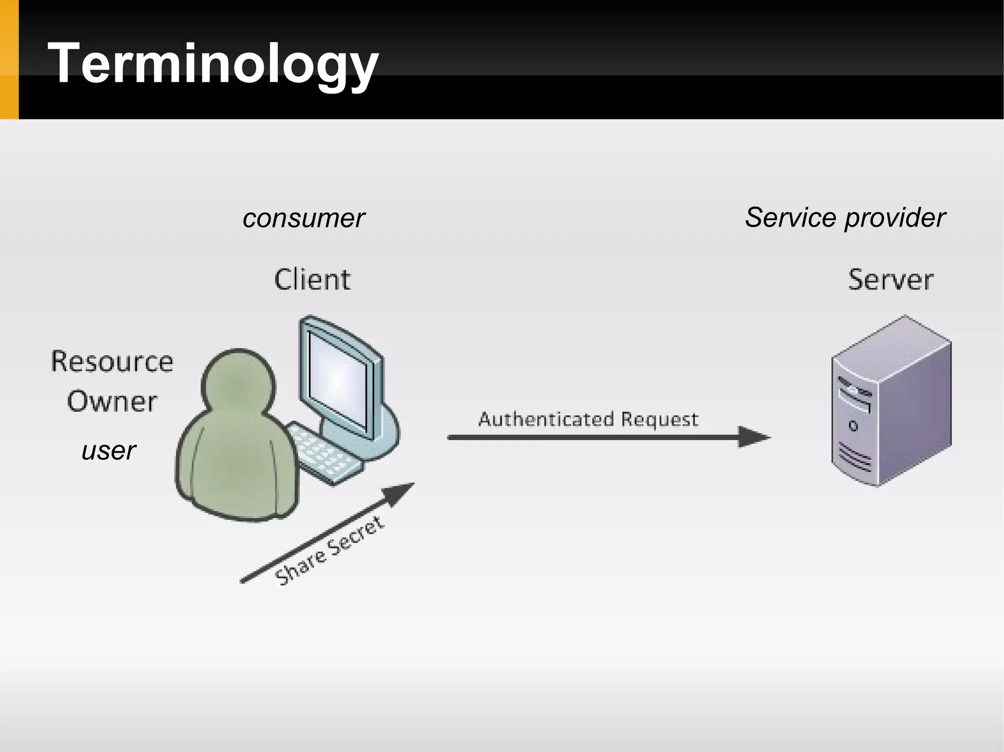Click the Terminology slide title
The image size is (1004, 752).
click(213, 64)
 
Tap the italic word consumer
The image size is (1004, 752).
click(303, 218)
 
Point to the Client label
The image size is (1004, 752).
click(312, 280)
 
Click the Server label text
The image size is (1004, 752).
click(890, 280)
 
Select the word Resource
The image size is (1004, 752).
click(112, 362)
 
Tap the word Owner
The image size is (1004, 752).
click(112, 402)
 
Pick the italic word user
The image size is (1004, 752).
click(108, 451)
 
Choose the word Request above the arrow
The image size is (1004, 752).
click(659, 420)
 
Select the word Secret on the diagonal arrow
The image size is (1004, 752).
click(356, 537)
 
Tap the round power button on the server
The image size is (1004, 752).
click(853, 426)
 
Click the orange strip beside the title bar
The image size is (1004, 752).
click(9, 59)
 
